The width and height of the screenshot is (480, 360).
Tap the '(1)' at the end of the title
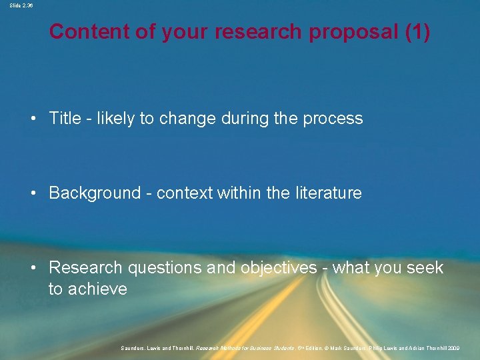(417, 31)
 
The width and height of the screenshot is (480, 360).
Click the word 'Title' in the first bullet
(65, 119)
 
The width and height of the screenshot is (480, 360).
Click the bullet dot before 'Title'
(33, 119)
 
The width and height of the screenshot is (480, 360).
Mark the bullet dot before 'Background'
(33, 194)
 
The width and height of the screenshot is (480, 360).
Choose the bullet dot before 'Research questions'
(33, 269)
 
